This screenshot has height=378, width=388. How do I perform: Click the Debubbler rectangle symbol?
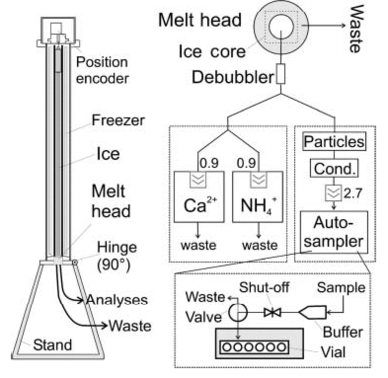[281, 74]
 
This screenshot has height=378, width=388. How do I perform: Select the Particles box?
[334, 142]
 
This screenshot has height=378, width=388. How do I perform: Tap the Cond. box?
[334, 168]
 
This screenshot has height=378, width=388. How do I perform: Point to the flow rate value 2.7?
[353, 193]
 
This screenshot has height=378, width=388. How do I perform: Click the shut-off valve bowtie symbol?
[272, 313]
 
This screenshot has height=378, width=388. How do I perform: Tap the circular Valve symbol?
[238, 312]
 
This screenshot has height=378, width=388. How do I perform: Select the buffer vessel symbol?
[313, 312]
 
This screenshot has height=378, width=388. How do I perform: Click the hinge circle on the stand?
[75, 262]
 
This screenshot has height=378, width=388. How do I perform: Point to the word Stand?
[52, 345]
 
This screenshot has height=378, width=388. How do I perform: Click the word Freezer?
[118, 120]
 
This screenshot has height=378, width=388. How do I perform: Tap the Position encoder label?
[102, 70]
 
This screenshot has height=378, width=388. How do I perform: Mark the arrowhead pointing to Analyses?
[81, 300]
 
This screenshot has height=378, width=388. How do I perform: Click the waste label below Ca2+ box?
[198, 245]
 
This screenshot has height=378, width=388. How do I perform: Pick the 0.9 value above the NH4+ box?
[246, 163]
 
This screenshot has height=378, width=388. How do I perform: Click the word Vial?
[333, 352]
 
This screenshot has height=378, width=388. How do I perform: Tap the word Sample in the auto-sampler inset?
[341, 288]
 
